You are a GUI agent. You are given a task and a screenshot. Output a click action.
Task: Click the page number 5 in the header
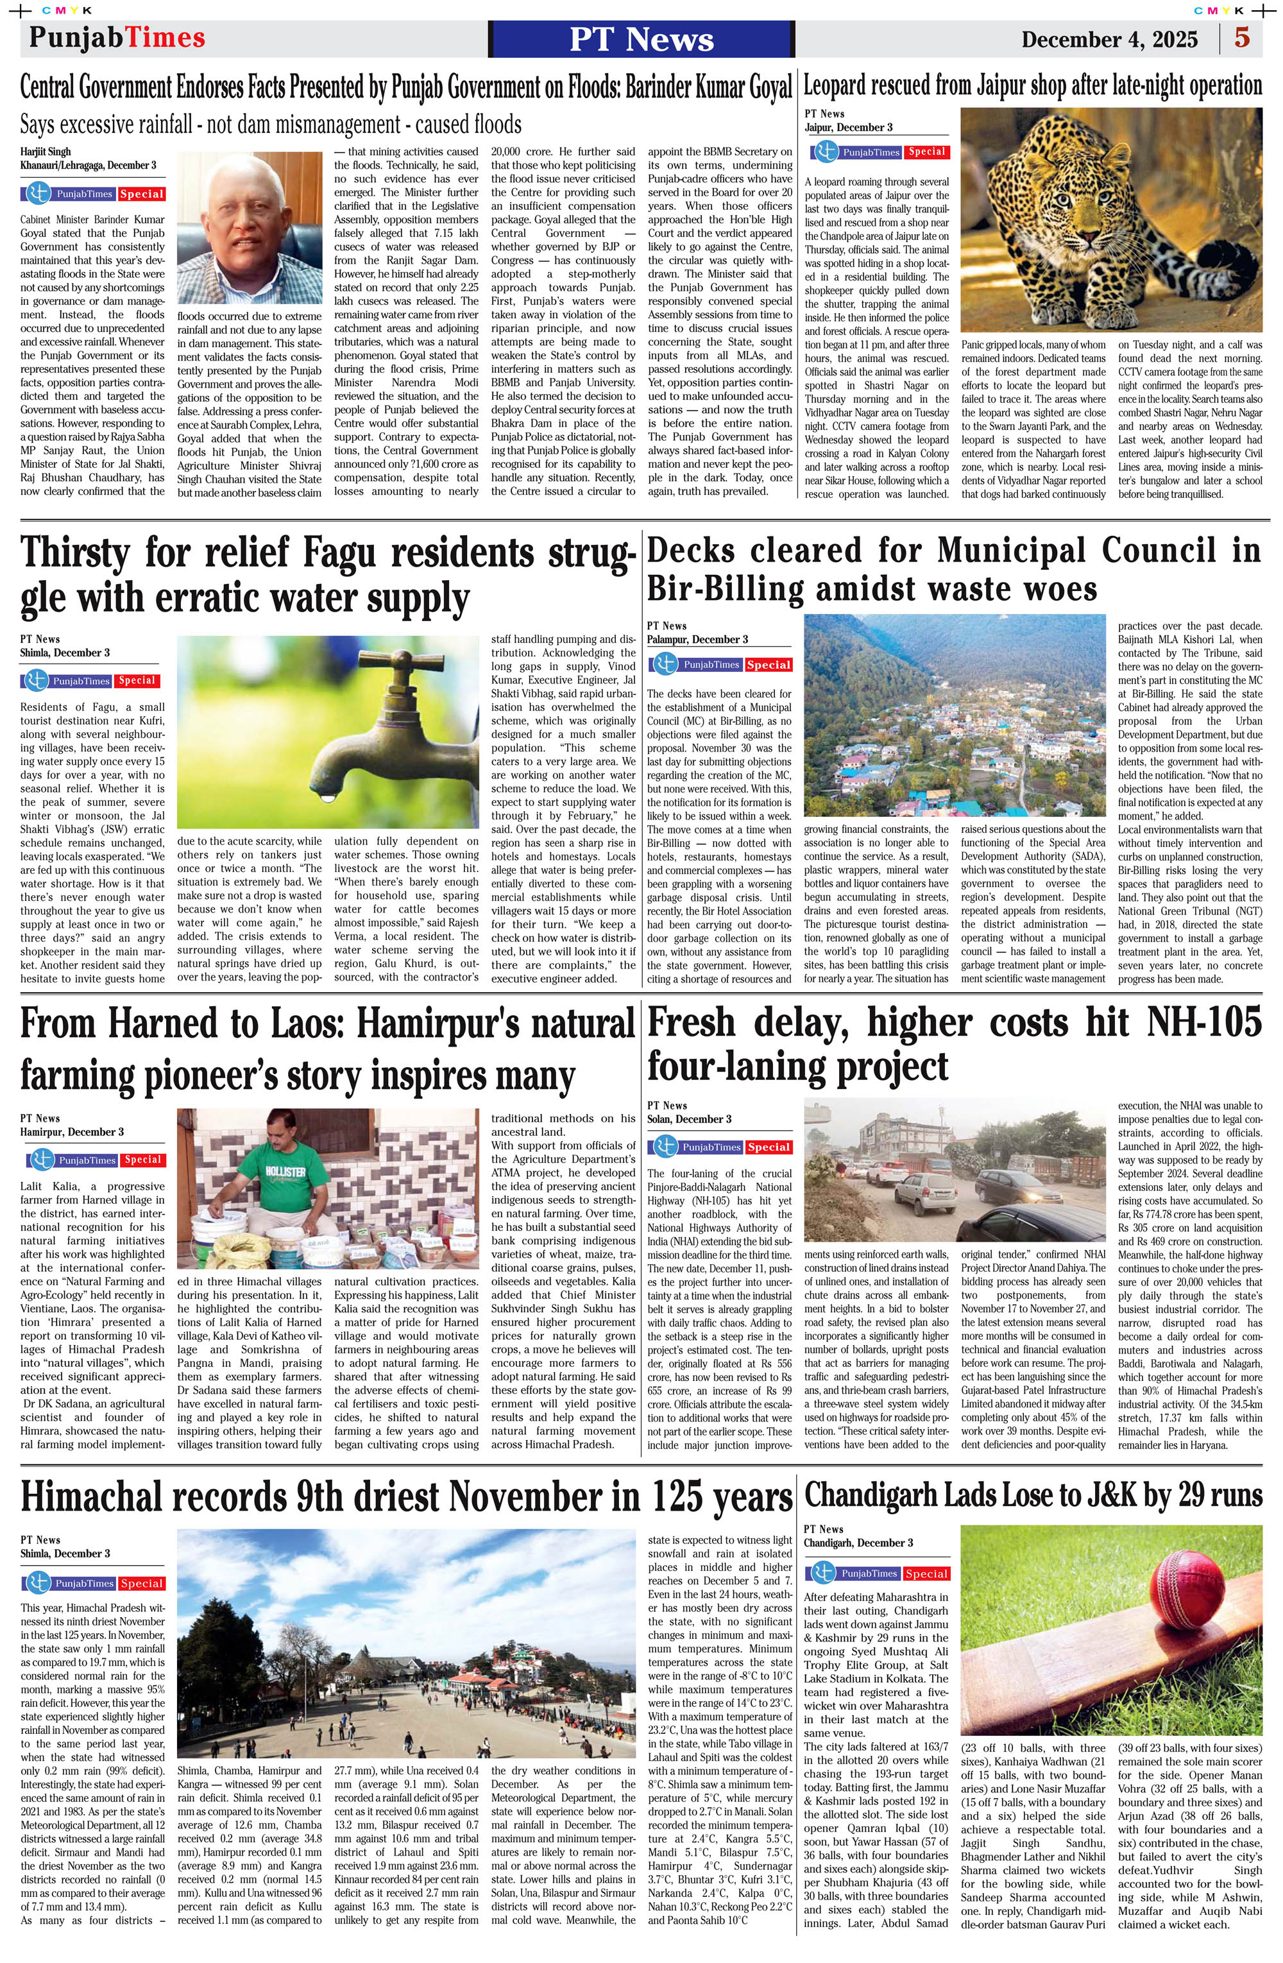1242,38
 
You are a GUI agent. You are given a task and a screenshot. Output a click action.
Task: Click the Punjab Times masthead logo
116,38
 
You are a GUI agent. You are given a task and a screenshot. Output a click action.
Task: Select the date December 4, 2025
1109,40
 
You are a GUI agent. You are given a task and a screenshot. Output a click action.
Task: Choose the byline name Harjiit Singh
46,151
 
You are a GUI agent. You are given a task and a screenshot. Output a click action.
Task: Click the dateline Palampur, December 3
697,639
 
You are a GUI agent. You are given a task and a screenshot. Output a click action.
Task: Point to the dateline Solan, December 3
688,1119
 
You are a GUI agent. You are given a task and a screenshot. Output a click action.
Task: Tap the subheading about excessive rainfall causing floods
271,125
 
